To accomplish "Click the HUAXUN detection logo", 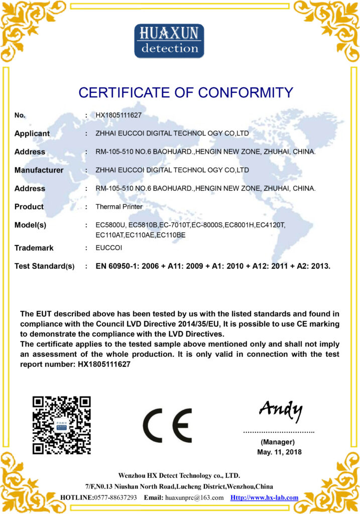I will [169, 40].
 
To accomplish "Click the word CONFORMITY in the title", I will [246, 93].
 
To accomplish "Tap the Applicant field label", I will [32, 134].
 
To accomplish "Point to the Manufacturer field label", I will [39, 170].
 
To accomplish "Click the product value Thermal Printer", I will [119, 207].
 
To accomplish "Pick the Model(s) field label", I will [30, 225].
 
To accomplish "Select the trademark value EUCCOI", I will [108, 248].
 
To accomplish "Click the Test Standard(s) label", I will [44, 266].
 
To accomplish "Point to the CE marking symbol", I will [167, 425].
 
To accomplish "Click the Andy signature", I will [281, 411].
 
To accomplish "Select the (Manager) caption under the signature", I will [278, 442].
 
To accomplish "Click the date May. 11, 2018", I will [278, 452].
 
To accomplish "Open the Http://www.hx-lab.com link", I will [264, 497].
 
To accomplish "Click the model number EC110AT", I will [109, 234].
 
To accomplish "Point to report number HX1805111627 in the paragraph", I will [104, 364].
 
